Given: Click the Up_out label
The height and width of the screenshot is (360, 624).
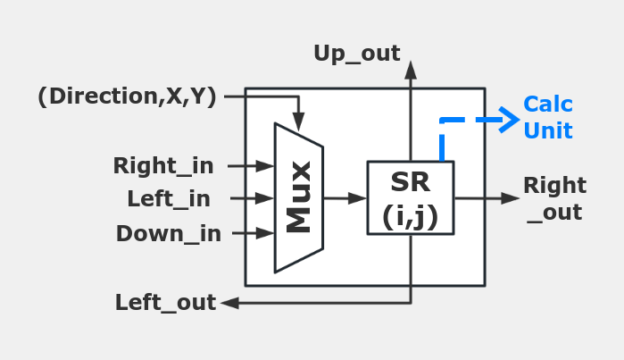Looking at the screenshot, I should [356, 54].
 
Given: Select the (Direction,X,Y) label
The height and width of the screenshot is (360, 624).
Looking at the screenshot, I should [127, 96].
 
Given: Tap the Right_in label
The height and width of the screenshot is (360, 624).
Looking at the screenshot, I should [163, 165].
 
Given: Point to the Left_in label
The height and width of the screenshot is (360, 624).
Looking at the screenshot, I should [169, 198].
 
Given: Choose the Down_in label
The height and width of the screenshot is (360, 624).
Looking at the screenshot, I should [169, 233].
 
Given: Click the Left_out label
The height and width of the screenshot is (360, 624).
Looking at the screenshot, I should [165, 303].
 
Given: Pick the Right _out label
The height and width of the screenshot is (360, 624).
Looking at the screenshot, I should [554, 198].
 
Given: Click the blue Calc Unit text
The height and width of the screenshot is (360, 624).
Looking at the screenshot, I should [547, 117].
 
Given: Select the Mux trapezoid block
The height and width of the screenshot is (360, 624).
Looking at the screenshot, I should [298, 197].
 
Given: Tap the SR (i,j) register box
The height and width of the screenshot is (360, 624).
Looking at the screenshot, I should [411, 197].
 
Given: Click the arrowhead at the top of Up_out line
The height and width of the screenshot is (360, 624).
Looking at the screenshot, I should [411, 68].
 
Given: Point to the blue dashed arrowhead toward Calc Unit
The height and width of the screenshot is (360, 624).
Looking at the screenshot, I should [511, 118].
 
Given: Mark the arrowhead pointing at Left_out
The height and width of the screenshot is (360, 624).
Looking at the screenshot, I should [229, 303].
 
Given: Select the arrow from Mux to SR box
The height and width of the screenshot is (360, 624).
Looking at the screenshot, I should [345, 197].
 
